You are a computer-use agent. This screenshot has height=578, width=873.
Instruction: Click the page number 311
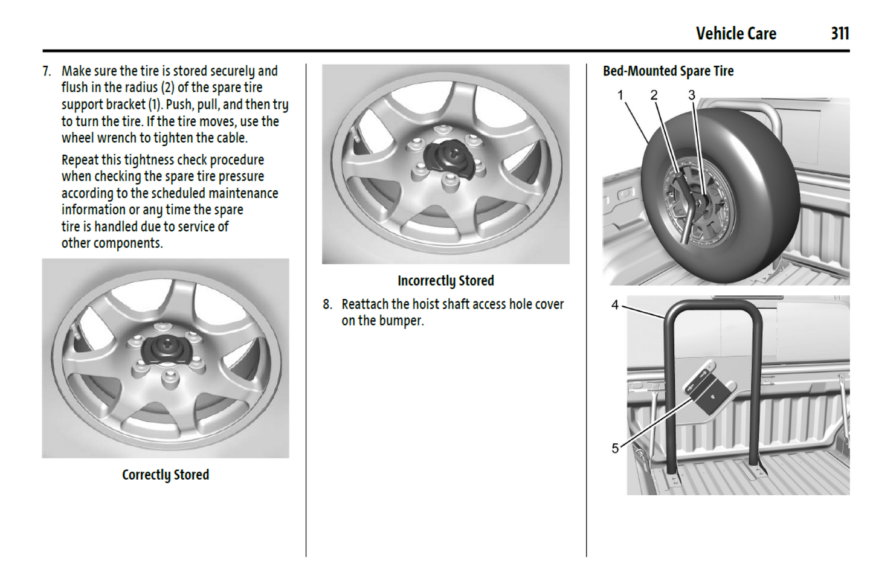click(839, 33)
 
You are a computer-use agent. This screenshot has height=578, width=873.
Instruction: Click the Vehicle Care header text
click(735, 33)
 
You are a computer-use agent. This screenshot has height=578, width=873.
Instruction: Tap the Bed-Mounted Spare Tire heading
click(668, 71)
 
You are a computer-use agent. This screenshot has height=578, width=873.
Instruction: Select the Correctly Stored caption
click(165, 475)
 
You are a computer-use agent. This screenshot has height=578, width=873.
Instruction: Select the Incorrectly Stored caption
click(445, 281)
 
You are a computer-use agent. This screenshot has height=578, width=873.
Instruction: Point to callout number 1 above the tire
click(620, 95)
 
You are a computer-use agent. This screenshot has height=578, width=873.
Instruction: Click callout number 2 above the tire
click(654, 95)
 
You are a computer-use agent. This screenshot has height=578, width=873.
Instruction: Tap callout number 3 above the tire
click(692, 95)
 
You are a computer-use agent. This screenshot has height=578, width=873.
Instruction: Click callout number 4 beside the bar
click(615, 305)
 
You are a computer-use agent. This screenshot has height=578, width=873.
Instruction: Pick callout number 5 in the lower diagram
click(615, 448)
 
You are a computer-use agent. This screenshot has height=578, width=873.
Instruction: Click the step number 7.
click(47, 71)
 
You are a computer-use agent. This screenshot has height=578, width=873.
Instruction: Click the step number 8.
click(327, 304)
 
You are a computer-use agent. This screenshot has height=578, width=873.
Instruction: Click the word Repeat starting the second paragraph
click(80, 160)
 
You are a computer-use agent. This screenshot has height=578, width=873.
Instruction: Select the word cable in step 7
click(231, 138)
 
